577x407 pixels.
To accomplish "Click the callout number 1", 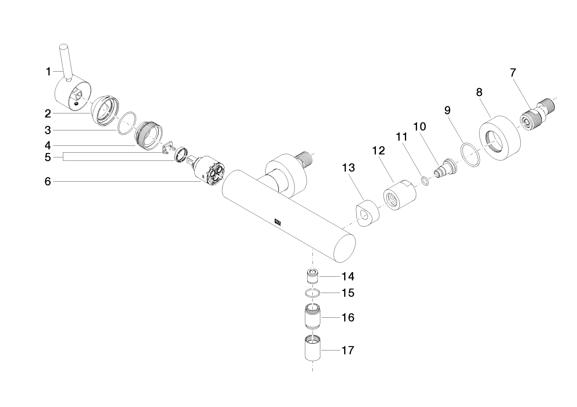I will click(48, 71).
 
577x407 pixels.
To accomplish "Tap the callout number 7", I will click(513, 72).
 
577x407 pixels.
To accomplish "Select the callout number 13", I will click(349, 168).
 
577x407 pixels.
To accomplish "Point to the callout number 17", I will click(348, 350).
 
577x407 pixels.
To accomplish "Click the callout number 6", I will click(48, 182).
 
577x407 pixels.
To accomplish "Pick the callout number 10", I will click(420, 127).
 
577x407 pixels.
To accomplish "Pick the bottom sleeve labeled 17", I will click(312, 349).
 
